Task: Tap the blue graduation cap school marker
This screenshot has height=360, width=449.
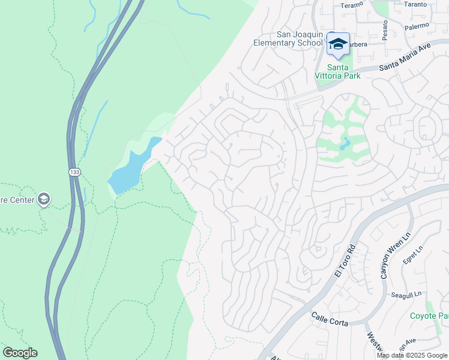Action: tap(339, 44)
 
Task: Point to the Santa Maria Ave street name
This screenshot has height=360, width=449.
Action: tap(406, 61)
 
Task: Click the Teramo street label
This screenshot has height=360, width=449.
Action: tap(352, 5)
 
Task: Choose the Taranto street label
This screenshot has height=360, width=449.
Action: tap(414, 4)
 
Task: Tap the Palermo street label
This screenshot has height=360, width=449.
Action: tap(417, 26)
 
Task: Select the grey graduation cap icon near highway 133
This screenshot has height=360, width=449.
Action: tap(43, 199)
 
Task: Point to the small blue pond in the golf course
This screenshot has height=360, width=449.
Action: tap(344, 144)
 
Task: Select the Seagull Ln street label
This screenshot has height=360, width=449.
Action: tap(407, 294)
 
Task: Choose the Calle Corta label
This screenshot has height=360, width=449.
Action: tap(330, 318)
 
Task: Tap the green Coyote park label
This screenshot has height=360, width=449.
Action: tap(429, 316)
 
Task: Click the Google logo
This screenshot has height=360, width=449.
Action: tap(20, 353)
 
